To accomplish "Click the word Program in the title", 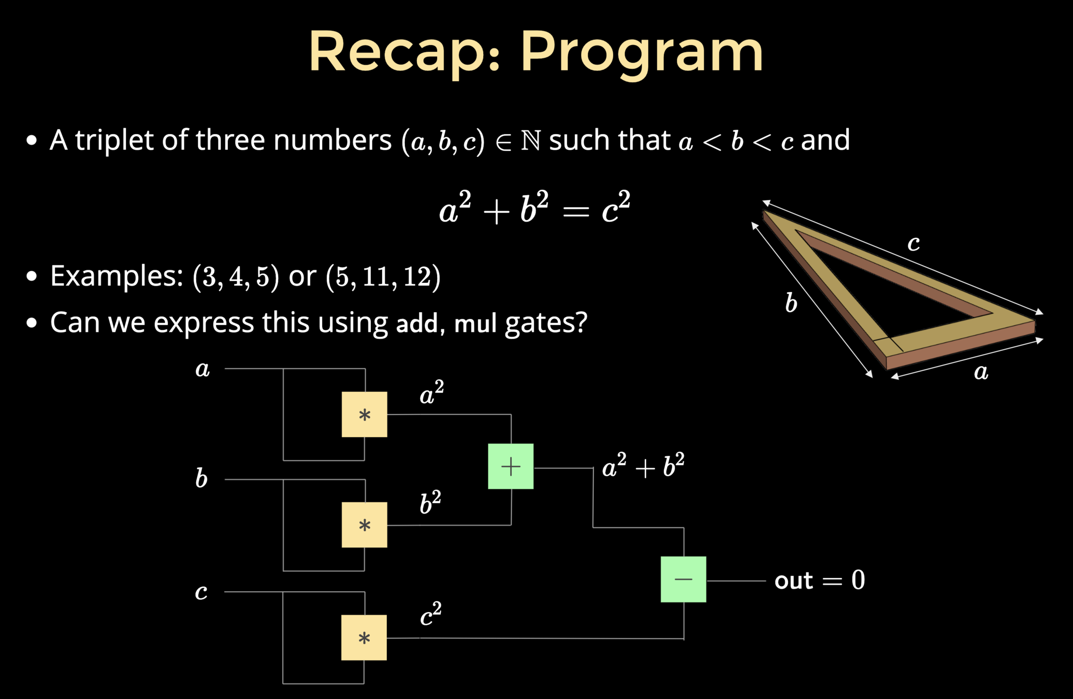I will coord(642,52).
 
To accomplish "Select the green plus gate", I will coord(511,466).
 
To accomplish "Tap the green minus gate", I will coord(683,579).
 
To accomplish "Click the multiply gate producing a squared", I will coord(364,414).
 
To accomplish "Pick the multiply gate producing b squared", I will coord(364,525).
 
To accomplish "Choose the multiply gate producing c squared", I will coord(364,637).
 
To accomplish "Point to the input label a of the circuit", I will coord(202,369).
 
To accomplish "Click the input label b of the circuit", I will coord(201,478).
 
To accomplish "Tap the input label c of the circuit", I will coord(201,592).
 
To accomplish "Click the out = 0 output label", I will coord(819,580).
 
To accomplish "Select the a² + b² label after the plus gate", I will coord(643,465).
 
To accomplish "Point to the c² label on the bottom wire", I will coord(430,615).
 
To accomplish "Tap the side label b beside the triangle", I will coord(791,303).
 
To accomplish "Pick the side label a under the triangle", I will coord(981,372).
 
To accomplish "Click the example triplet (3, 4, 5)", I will coord(236,276).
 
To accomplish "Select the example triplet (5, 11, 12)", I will coord(383,276).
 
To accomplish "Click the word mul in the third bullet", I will coord(475,324).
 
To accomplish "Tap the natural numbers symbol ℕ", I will coord(530,140).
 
